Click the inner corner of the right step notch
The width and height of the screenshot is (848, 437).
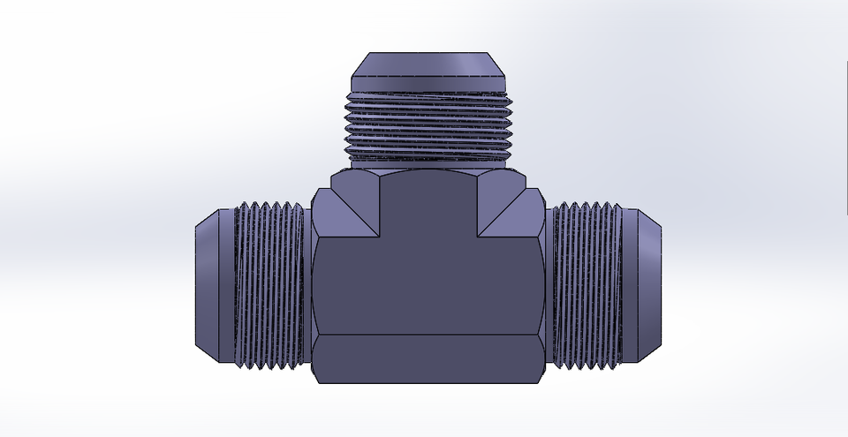pyautogui.click(x=478, y=237)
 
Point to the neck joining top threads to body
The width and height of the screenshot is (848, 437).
pyautogui.click(x=428, y=165)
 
